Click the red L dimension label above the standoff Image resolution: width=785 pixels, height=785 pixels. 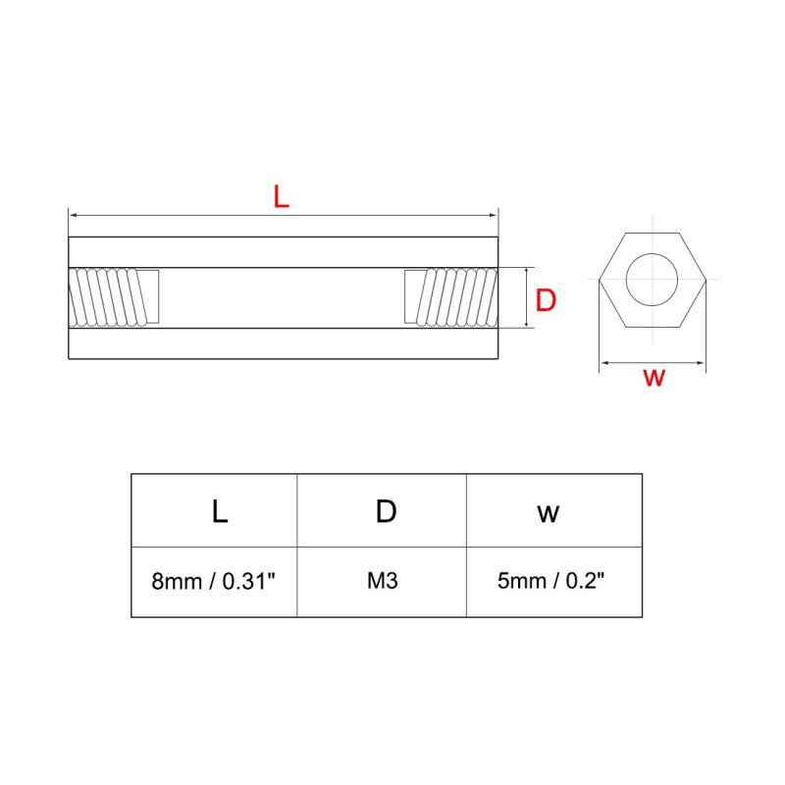[282, 196]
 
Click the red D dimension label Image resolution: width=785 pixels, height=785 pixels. [546, 300]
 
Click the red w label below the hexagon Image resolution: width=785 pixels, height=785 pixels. [654, 379]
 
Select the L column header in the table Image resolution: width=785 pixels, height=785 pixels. [219, 511]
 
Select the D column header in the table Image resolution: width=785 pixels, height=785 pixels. [386, 511]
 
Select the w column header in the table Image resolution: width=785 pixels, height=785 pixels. [548, 512]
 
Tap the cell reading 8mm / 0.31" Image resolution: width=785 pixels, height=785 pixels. [214, 581]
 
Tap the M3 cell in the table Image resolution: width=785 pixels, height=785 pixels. [382, 581]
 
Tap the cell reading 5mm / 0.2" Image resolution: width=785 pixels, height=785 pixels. [550, 581]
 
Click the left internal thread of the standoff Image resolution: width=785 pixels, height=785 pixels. [113, 297]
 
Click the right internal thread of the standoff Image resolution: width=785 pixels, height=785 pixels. [451, 297]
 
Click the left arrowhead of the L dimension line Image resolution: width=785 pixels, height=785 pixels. [73, 215]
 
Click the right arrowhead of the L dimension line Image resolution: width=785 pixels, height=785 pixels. [494, 215]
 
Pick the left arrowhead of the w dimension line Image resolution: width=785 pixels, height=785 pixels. [604, 363]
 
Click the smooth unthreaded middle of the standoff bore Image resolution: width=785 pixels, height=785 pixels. [283, 297]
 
